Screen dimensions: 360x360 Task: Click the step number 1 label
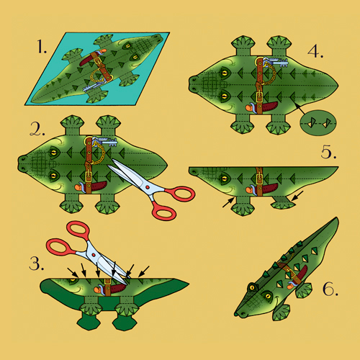(x=42, y=47)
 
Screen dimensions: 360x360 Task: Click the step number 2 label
(x=37, y=129)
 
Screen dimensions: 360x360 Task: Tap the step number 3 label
(x=36, y=264)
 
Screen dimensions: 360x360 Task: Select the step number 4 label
(x=315, y=51)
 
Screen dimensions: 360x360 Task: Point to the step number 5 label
(x=328, y=152)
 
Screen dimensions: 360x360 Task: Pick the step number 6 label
(x=330, y=289)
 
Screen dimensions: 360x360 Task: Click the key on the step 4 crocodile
(x=276, y=62)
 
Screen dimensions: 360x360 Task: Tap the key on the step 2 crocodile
(x=105, y=142)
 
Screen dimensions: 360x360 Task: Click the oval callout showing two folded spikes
(x=318, y=123)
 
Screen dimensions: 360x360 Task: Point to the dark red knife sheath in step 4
(x=269, y=107)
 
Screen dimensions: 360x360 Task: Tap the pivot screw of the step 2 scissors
(x=148, y=187)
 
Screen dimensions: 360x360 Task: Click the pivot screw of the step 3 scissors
(x=94, y=254)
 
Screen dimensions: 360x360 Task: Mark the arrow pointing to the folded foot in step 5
(x=297, y=196)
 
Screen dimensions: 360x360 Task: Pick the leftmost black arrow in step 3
(x=73, y=272)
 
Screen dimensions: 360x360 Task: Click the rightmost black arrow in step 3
(x=144, y=271)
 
